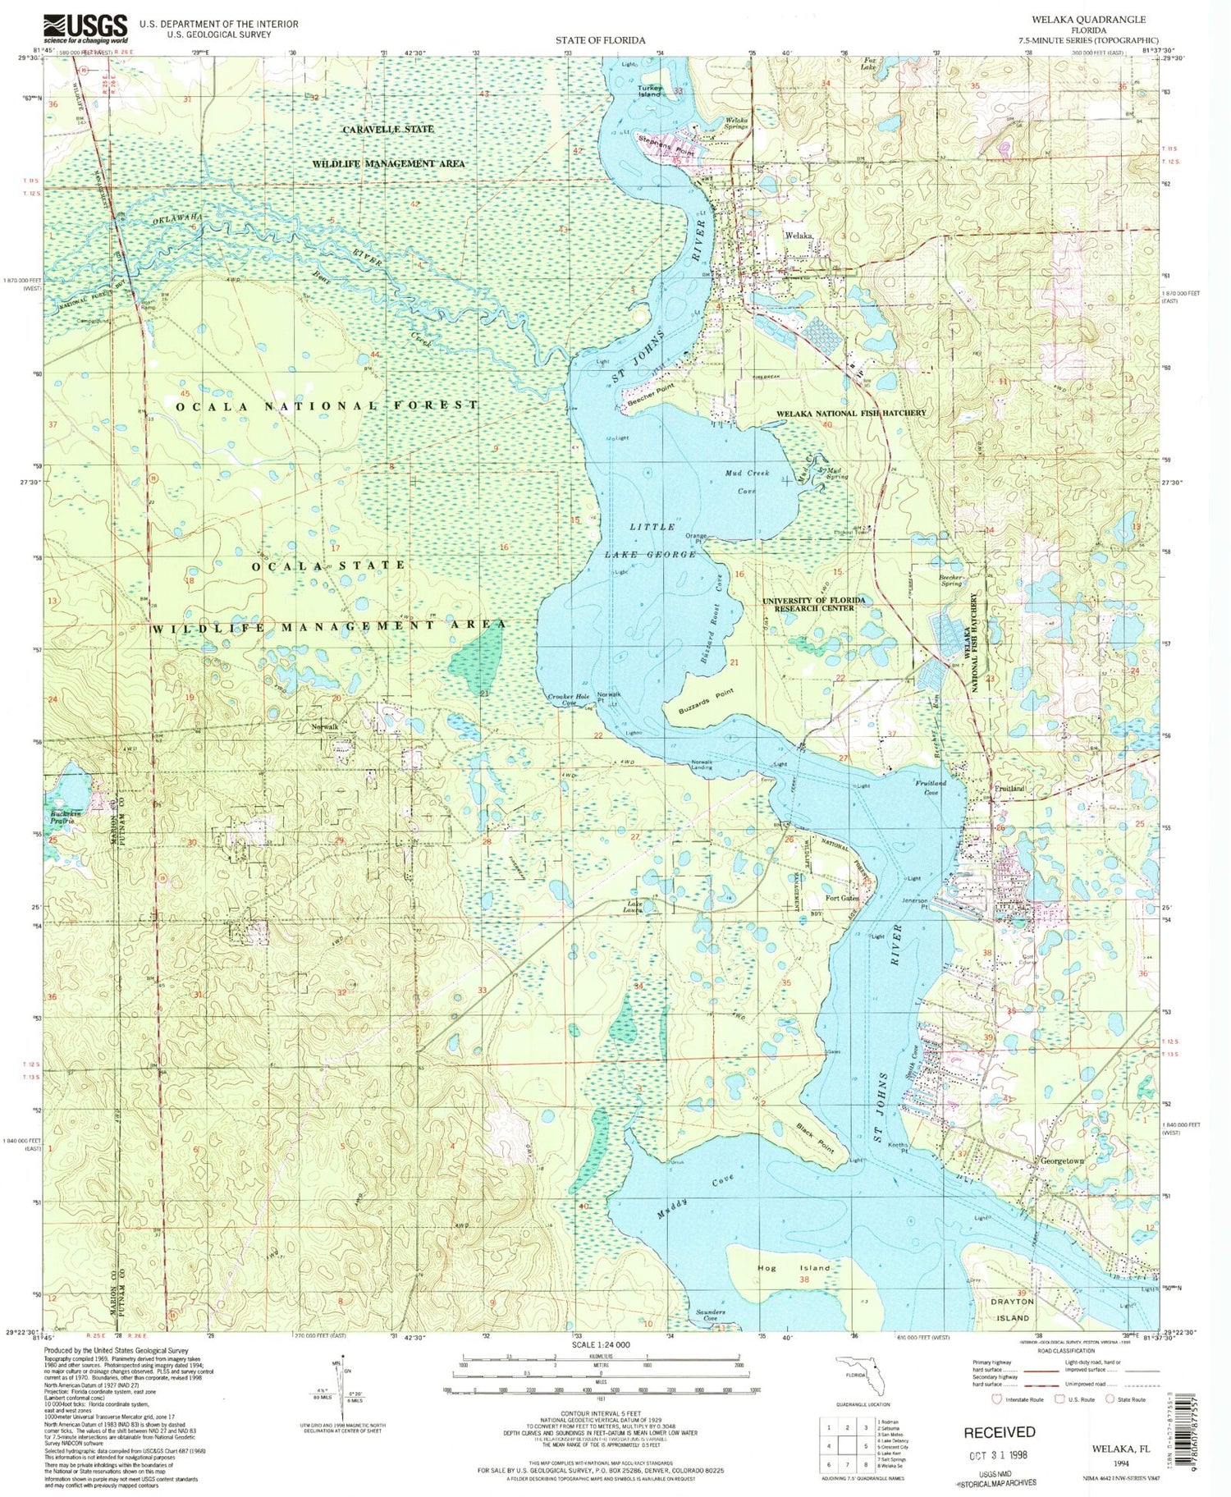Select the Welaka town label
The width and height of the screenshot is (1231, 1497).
click(799, 236)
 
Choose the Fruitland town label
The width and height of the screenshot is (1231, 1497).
click(1009, 788)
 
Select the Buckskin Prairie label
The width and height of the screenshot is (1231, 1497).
click(62, 817)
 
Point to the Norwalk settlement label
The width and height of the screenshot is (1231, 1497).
click(324, 727)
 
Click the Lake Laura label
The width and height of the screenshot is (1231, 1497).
click(632, 908)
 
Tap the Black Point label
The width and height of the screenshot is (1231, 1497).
click(814, 1138)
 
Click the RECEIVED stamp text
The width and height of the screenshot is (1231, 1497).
click(999, 1431)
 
